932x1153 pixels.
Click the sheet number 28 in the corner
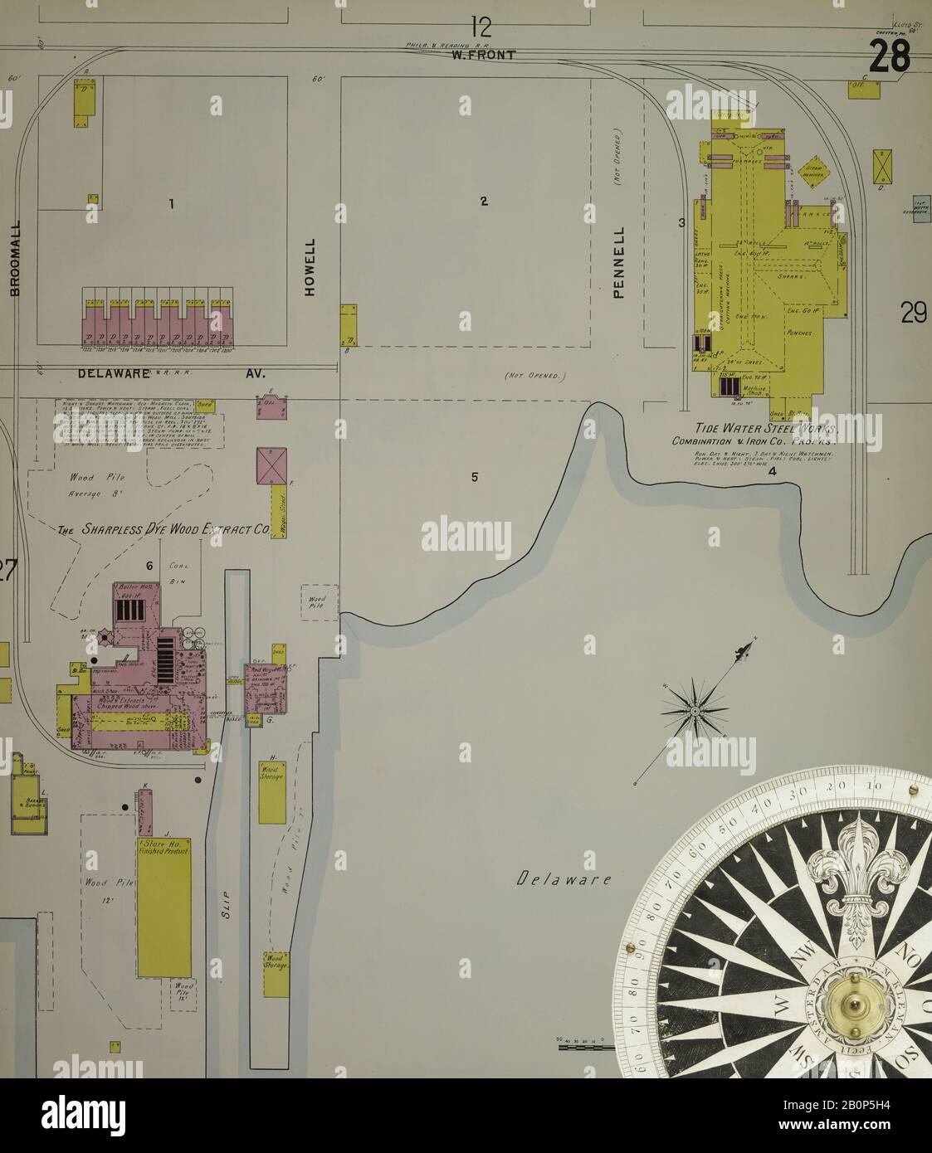(x=891, y=57)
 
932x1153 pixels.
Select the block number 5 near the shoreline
(x=475, y=477)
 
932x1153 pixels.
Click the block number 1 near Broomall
(x=171, y=203)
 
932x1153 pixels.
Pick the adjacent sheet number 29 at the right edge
(x=913, y=314)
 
